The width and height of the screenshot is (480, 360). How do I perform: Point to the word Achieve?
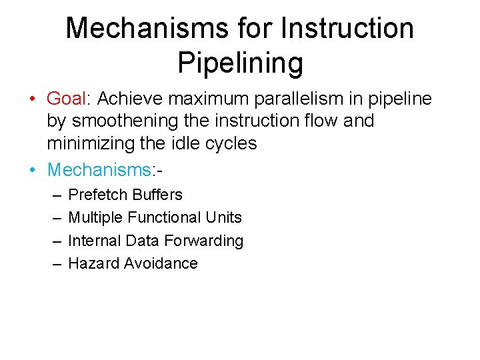129,99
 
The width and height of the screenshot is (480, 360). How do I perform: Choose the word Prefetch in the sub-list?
98,195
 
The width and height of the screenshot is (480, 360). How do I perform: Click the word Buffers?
157,195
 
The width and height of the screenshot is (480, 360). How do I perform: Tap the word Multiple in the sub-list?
96,217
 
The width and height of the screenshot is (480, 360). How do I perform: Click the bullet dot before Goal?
32,100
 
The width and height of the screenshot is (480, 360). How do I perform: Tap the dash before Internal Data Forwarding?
53,241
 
